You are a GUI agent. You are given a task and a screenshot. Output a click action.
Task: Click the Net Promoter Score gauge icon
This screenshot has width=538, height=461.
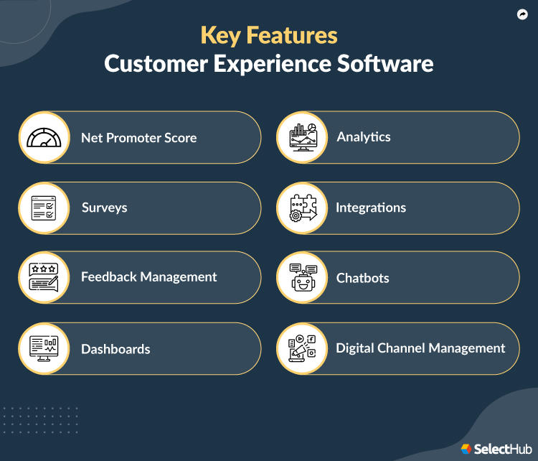[x=44, y=137]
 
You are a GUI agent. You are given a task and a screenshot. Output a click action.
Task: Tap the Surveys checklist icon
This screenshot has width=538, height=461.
[x=44, y=208]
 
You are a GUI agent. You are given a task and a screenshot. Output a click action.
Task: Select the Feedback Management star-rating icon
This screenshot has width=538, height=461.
[x=44, y=277]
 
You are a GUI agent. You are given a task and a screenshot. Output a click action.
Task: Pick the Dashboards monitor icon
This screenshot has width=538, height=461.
[x=44, y=349]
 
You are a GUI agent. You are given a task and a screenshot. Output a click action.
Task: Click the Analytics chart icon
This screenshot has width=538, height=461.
[x=303, y=137]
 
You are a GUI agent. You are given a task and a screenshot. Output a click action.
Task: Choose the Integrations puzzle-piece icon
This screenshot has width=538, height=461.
[x=303, y=208]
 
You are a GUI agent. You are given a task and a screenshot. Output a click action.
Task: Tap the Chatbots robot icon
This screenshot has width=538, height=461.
[x=303, y=277]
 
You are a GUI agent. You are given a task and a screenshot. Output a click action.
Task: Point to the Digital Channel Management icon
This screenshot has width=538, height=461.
[x=303, y=348]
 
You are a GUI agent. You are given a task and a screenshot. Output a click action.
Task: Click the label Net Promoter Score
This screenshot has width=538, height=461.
[x=138, y=137]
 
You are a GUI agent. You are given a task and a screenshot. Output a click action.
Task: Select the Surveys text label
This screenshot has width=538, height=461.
[x=104, y=208]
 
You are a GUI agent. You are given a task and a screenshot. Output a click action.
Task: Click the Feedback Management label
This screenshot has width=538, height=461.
[x=148, y=276]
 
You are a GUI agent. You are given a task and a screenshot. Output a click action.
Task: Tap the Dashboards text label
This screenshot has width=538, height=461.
[x=115, y=349]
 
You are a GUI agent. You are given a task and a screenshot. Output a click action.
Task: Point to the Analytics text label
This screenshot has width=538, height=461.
[x=364, y=136]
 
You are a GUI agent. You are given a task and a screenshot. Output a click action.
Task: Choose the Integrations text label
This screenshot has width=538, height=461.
[x=371, y=208]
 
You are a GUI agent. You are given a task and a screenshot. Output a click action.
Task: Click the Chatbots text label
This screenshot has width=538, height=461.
[x=364, y=277]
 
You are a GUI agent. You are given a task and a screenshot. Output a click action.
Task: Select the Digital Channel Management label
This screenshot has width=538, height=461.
[x=420, y=348]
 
